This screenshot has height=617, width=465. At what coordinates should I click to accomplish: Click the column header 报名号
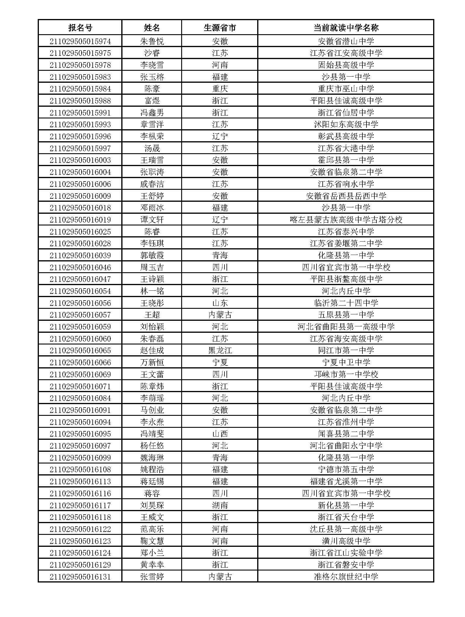point(80,28)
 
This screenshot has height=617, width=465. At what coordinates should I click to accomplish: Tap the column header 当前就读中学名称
point(346,28)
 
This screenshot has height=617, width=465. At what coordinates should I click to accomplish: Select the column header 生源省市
point(219,28)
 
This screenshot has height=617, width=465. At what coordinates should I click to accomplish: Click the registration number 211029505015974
point(80,41)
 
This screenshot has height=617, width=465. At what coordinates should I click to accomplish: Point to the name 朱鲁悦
point(152,41)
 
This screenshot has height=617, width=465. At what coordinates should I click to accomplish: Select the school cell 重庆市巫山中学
point(346,89)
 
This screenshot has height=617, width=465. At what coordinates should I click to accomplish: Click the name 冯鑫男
point(152,113)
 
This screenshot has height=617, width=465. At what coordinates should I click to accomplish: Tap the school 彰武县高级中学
point(346,136)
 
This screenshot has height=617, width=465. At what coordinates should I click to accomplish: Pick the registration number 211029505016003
point(80,160)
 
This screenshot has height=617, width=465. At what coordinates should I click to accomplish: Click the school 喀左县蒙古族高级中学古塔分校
point(346,220)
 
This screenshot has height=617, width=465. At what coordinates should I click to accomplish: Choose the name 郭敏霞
point(152,255)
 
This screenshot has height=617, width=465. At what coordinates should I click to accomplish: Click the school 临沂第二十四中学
point(346,303)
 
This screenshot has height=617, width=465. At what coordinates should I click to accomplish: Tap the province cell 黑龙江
point(219,350)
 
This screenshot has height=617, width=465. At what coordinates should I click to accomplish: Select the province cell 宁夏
point(219,362)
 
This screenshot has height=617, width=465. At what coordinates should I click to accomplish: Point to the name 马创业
point(152,410)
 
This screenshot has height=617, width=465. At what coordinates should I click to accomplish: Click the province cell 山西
point(219,434)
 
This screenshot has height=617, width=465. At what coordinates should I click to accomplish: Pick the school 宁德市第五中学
point(346,469)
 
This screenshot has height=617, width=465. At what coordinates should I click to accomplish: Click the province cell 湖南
point(219,505)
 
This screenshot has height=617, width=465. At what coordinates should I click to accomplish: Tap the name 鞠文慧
point(152,541)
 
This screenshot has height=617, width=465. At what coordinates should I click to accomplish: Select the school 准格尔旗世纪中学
point(346,577)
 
